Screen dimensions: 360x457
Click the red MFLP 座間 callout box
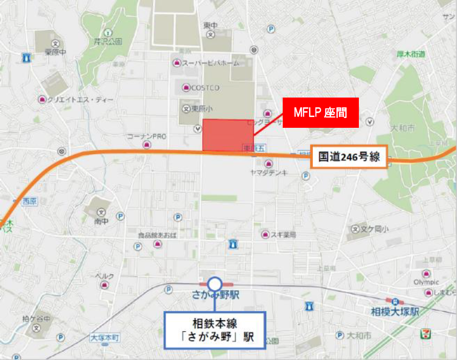(x=321, y=113)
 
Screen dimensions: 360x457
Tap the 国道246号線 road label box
(x=349, y=157)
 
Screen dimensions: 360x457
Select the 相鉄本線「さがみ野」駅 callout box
(x=215, y=330)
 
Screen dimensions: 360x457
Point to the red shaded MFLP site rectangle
(x=228, y=135)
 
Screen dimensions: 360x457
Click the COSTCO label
(x=205, y=88)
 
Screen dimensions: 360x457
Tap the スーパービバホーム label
(x=210, y=63)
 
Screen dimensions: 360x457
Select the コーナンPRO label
(x=147, y=137)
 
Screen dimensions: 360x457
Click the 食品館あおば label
(x=157, y=235)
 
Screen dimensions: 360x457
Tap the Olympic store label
(x=426, y=282)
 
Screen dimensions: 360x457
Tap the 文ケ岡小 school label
(x=374, y=228)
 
